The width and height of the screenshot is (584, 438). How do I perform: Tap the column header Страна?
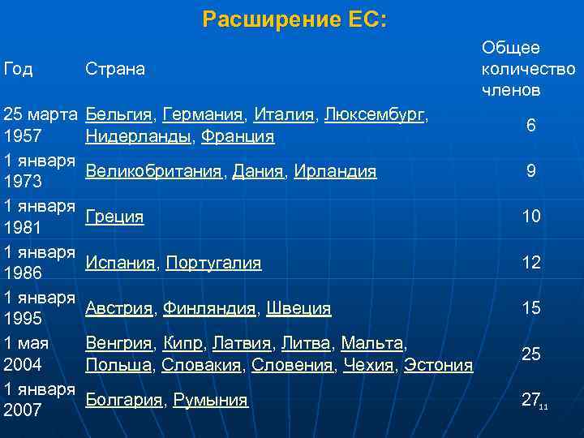115,69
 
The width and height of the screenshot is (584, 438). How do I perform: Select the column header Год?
19,69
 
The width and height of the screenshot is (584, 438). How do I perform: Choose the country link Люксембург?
374,115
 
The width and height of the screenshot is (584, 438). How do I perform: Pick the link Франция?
238,136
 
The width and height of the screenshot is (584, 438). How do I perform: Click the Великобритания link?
153,171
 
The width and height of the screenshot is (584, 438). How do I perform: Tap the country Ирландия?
335,171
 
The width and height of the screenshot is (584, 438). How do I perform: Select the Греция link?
114,217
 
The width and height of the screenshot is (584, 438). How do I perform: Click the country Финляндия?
209,308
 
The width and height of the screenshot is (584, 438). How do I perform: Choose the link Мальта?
372,343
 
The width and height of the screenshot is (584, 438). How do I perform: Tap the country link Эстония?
438,365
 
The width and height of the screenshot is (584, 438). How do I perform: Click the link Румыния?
211,400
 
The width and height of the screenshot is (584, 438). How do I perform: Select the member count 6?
530,126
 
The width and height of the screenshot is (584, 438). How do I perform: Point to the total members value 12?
531,262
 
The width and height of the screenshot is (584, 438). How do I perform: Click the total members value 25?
531,354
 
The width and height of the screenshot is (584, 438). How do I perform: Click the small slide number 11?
544,406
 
